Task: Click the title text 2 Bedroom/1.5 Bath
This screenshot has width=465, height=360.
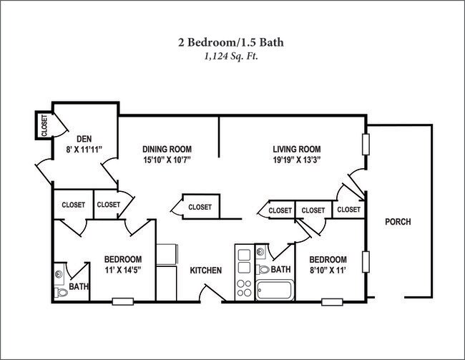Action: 231,42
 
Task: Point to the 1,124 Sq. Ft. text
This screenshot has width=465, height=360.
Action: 231,56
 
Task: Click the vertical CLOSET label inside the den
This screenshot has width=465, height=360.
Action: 44,126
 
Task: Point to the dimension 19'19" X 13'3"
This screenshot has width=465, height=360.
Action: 295,160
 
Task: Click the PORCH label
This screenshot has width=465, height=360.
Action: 397,221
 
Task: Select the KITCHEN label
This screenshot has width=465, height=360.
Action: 205,271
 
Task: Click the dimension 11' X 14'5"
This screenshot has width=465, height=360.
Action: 122,271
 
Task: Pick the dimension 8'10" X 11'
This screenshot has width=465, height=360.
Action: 328,271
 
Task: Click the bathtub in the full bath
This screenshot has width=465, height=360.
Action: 274,291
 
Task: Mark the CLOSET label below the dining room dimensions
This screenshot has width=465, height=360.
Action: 200,207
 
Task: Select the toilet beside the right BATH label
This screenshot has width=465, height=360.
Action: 263,269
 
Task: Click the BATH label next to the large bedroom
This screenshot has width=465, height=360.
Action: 79,287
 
